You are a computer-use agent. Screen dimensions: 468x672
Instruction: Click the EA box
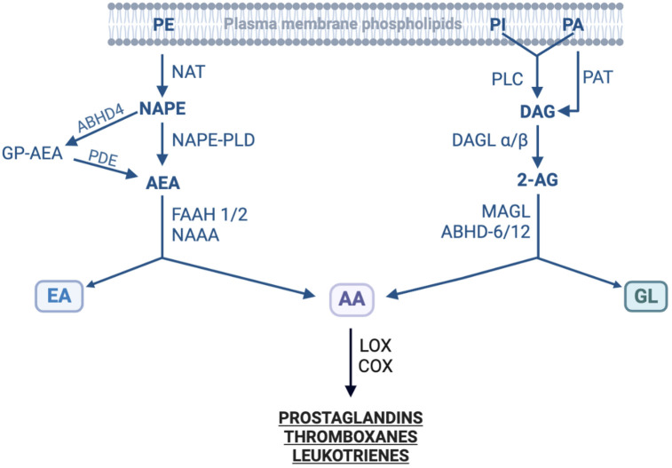click(x=59, y=297)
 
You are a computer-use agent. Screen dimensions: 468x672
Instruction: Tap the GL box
click(x=645, y=297)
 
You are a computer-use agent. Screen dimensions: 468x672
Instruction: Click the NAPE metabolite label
click(x=163, y=110)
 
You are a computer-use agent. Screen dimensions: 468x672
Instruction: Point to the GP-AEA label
click(x=32, y=152)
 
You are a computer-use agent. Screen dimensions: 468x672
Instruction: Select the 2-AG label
click(x=538, y=180)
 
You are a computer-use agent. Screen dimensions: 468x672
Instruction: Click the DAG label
click(x=538, y=112)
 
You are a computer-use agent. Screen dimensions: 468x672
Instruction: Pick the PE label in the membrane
click(x=163, y=24)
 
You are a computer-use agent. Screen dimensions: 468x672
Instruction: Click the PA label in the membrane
click(x=573, y=24)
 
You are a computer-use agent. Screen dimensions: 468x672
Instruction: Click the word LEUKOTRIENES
click(x=349, y=455)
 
